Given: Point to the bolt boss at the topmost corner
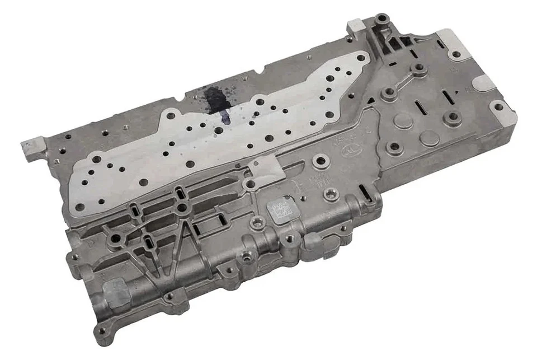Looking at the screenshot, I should click(x=382, y=21).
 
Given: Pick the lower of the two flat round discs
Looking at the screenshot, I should click(x=430, y=138).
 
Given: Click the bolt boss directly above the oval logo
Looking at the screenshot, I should click(x=322, y=163).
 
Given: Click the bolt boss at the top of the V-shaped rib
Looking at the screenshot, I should click(x=182, y=208).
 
